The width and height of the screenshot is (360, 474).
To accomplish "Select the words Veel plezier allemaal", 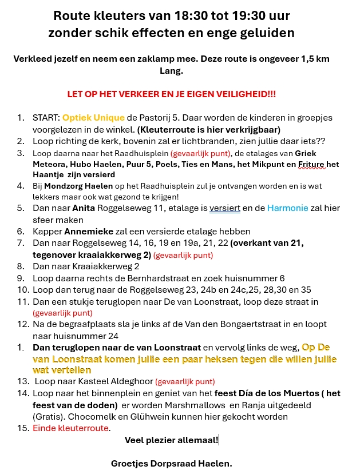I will [x=171, y=440].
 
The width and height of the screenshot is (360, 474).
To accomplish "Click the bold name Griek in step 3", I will [x=305, y=153].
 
